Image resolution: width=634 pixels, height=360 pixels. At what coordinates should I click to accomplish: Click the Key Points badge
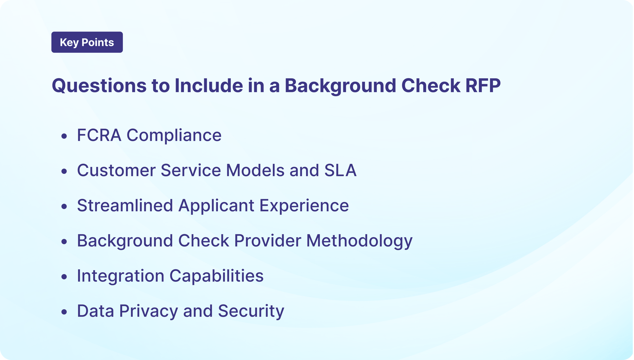(x=87, y=42)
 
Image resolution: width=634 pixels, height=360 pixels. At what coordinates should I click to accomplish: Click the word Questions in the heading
(x=99, y=86)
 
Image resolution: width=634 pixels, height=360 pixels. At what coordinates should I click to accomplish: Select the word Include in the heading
(x=209, y=86)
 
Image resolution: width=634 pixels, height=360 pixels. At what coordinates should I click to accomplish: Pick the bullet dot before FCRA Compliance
(x=64, y=136)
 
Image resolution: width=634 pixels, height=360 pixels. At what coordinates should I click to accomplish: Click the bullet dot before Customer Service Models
(x=64, y=171)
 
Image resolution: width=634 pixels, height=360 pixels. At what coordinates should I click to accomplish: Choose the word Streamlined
(x=125, y=205)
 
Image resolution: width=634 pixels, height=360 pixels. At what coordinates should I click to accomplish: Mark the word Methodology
(x=359, y=241)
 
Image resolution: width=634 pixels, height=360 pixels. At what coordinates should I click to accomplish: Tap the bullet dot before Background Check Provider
(x=64, y=241)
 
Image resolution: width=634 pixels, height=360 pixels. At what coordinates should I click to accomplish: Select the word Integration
(x=121, y=276)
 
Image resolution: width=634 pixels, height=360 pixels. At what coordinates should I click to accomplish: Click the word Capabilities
(x=217, y=276)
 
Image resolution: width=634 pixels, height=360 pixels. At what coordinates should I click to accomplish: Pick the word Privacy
(x=149, y=311)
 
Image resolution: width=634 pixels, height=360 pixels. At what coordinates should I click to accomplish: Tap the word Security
(x=251, y=311)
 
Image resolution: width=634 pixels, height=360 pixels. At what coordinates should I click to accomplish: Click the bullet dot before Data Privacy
(x=64, y=312)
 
